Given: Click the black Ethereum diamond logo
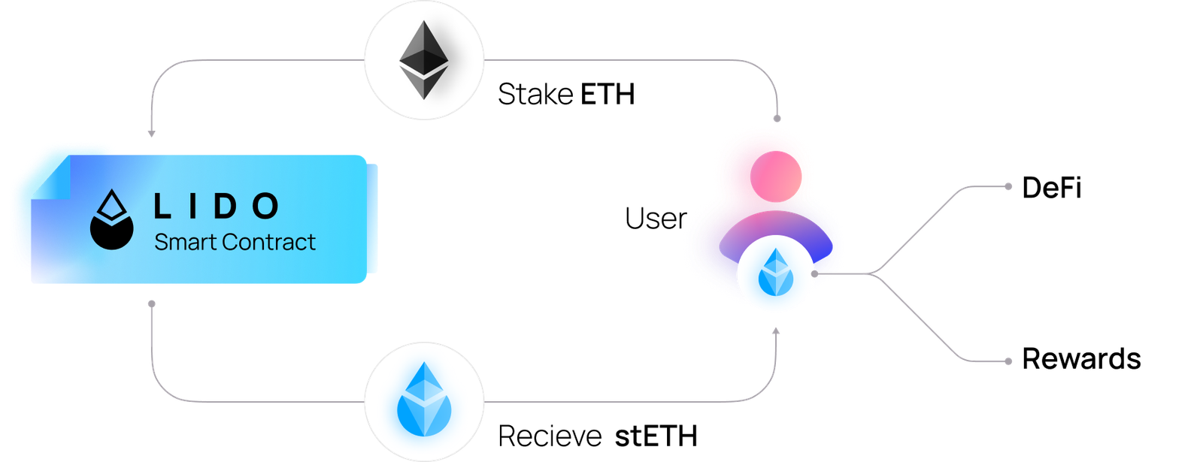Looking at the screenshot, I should pyautogui.click(x=424, y=59).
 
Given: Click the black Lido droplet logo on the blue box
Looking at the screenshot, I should pyautogui.click(x=111, y=219).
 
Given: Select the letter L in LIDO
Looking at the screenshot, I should pyautogui.click(x=162, y=207).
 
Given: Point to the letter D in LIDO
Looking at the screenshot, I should pyautogui.click(x=222, y=207).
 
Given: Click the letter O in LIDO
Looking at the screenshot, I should pyautogui.click(x=265, y=207).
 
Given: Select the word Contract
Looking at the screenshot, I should pyautogui.click(x=268, y=243).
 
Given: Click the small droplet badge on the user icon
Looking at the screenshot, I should pyautogui.click(x=775, y=274).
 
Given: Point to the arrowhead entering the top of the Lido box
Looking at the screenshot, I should pyautogui.click(x=151, y=134).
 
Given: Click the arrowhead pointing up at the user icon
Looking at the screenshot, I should pyautogui.click(x=777, y=330).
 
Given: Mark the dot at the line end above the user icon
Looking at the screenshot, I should pyautogui.click(x=777, y=119).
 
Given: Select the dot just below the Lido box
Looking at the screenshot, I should pyautogui.click(x=151, y=303).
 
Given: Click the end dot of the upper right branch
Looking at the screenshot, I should pyautogui.click(x=1009, y=186).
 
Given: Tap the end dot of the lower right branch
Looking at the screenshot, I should pyautogui.click(x=1009, y=361).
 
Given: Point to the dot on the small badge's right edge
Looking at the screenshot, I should pyautogui.click(x=814, y=274).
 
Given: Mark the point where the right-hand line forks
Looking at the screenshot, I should pyautogui.click(x=872, y=274).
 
